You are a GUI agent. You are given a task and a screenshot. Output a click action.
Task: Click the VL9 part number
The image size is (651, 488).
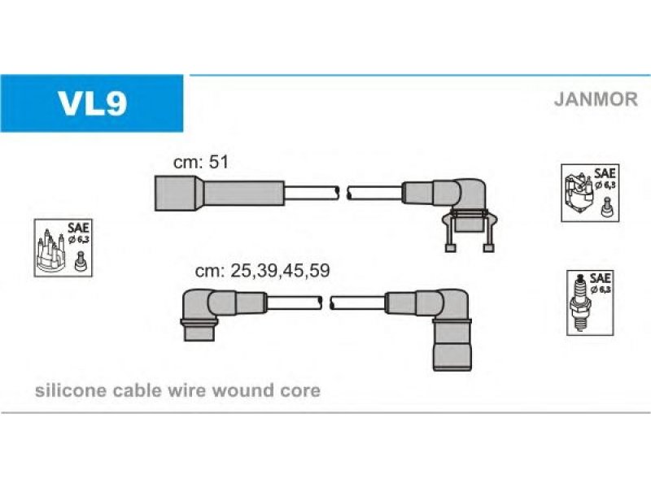click(x=92, y=104)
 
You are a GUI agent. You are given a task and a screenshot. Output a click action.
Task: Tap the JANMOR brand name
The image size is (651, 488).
click(x=596, y=99)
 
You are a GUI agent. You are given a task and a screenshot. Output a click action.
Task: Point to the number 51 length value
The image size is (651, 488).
click(x=219, y=162)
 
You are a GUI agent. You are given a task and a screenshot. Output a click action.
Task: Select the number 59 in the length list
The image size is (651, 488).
click(x=319, y=271)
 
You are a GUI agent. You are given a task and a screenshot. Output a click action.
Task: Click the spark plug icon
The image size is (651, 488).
click(x=579, y=303)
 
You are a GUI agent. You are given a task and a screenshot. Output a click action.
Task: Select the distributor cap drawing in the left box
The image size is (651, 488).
click(x=50, y=251)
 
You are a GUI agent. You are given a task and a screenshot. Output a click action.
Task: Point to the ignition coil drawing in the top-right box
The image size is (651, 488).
click(x=579, y=194)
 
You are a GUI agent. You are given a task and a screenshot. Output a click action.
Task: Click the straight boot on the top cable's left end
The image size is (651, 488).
click(x=219, y=193)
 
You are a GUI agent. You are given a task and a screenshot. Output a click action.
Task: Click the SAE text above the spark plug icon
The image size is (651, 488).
click(x=600, y=277)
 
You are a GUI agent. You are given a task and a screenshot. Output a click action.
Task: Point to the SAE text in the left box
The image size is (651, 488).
click(x=78, y=228)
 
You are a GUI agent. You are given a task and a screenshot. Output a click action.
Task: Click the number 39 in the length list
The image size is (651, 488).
click(x=267, y=271)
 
